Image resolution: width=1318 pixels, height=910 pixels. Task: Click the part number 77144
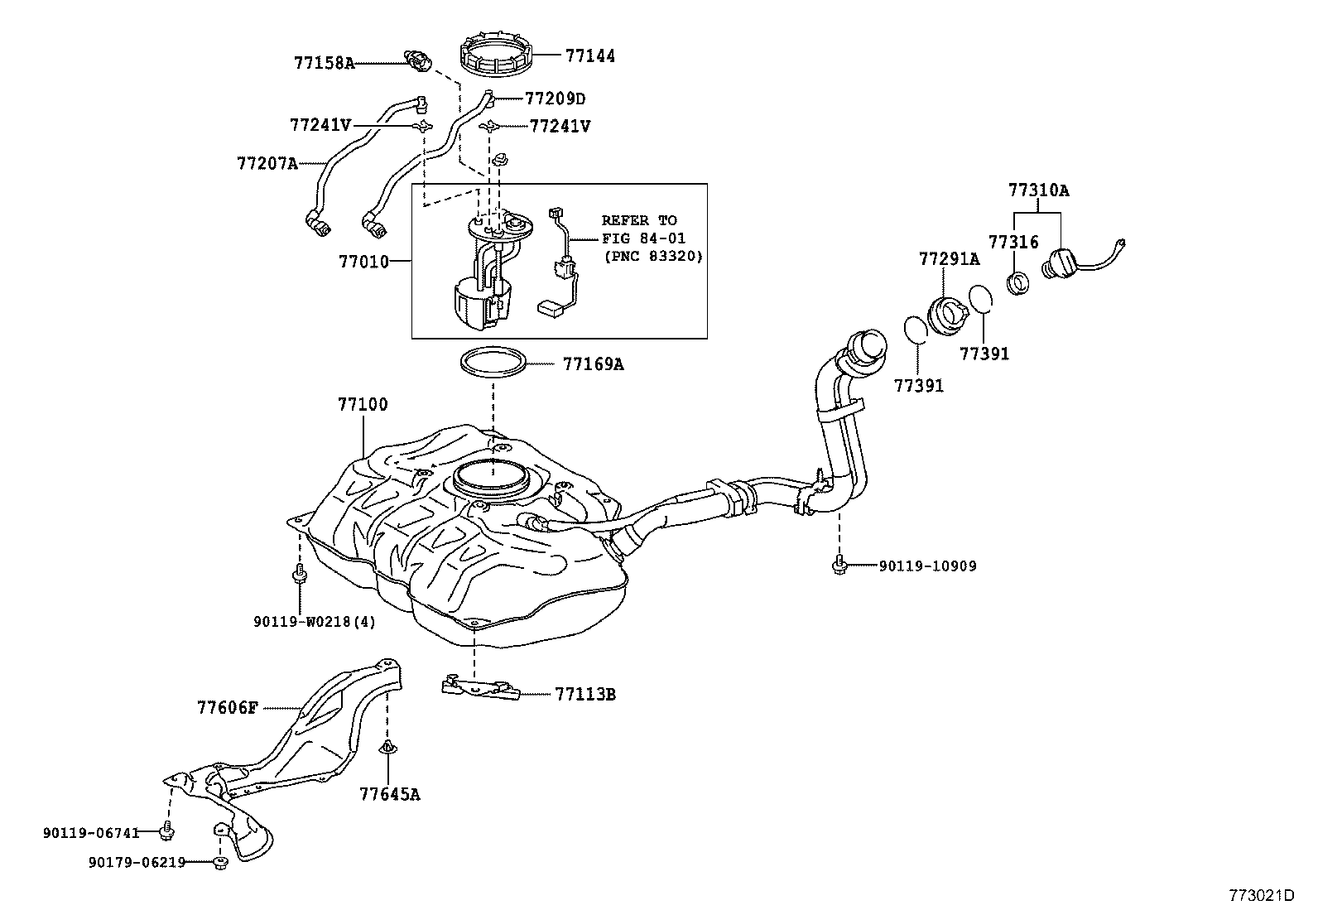[x=590, y=55]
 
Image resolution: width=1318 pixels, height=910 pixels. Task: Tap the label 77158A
[x=323, y=63]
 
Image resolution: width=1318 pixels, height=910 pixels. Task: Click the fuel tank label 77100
[x=362, y=405]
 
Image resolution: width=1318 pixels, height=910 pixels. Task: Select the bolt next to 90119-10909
[x=838, y=566]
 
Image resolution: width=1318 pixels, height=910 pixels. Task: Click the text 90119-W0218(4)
[x=315, y=621]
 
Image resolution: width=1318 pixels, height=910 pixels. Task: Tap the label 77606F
[x=228, y=708]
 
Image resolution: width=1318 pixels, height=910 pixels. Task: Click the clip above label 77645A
[x=387, y=749]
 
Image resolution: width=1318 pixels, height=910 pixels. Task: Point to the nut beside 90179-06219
[x=219, y=863]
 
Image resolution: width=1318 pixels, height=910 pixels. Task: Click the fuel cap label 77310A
[x=1038, y=190]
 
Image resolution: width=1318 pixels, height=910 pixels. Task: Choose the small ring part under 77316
[x=1017, y=282]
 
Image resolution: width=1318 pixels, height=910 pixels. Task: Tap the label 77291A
[x=949, y=259]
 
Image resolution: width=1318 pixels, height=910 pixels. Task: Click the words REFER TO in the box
[x=638, y=220]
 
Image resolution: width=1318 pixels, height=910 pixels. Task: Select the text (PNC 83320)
[x=652, y=257]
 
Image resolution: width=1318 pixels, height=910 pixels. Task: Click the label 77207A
[x=267, y=163]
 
